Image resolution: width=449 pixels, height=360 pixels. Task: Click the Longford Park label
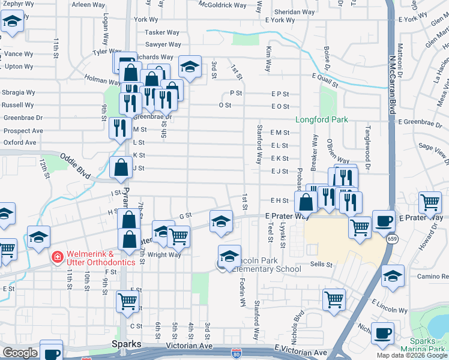[x=322, y=119]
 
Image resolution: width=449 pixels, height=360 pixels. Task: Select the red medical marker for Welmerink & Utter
[x=57, y=257]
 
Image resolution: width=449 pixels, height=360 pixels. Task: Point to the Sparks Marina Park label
[x=431, y=346]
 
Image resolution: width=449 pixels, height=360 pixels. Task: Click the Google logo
[x=20, y=353]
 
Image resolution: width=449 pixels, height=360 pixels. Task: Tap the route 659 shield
[x=391, y=239]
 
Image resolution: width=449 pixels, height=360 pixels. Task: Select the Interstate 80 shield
[x=235, y=354]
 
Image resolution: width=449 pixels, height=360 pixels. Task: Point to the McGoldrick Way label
[x=223, y=5]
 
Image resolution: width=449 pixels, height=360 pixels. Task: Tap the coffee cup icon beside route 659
[x=384, y=221]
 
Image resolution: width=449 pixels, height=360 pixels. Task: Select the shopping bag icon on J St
[x=121, y=168]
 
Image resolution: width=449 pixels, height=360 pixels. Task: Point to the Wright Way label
[x=164, y=255]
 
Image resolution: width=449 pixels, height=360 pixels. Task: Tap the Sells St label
[x=322, y=264]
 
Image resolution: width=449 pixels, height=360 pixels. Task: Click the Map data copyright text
[x=411, y=355]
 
